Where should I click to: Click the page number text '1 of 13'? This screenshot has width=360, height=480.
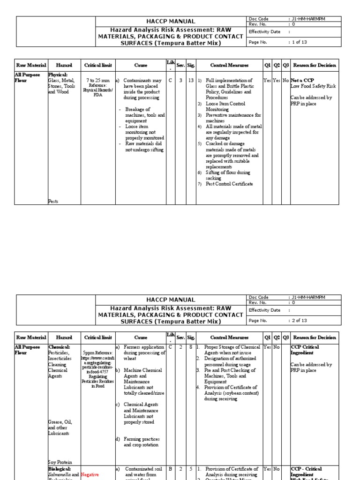(299, 42)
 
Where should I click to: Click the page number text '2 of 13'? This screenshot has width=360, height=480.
(299, 321)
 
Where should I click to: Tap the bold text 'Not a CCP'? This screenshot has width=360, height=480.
(302, 81)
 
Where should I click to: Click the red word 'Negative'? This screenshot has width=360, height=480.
(90, 474)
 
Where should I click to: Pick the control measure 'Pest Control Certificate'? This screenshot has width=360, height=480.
(229, 184)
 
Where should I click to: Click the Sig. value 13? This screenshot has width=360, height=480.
(191, 81)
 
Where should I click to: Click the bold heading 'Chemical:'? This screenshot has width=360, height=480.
(59, 347)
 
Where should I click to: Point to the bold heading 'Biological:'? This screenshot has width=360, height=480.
(60, 469)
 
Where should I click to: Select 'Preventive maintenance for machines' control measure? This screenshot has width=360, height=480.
(232, 118)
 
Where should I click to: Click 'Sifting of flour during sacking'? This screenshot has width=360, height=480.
(229, 175)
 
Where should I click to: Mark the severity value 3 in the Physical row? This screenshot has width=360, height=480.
(180, 81)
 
